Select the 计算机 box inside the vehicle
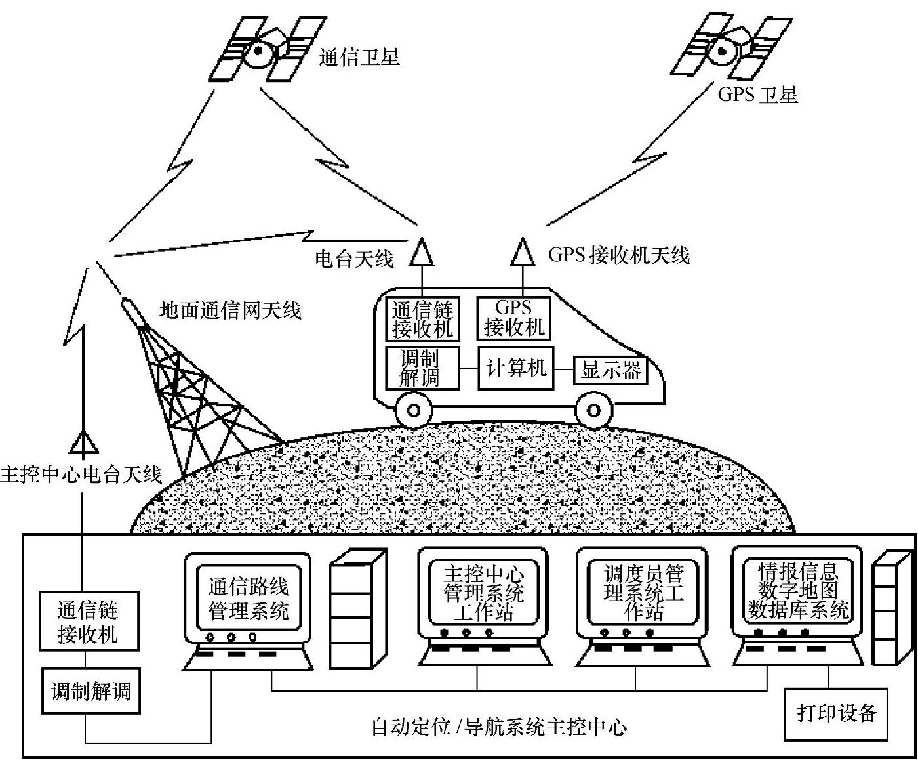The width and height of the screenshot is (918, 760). [x=516, y=368]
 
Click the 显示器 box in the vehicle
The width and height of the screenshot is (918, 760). [x=610, y=370]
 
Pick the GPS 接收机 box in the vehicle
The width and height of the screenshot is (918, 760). [x=513, y=318]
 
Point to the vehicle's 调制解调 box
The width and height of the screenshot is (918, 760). [x=420, y=368]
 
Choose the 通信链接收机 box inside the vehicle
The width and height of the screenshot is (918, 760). [x=422, y=319]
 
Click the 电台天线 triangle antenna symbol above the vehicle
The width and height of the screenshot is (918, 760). [x=420, y=252]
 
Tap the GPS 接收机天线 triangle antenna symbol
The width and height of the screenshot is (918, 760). [x=523, y=253]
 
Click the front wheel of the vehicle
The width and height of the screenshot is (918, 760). [x=594, y=411]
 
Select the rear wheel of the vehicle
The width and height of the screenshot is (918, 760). [x=414, y=411]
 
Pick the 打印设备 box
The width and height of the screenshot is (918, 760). [x=837, y=713]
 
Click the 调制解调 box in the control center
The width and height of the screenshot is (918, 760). [x=91, y=691]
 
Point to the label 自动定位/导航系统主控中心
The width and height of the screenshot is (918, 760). [x=498, y=727]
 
